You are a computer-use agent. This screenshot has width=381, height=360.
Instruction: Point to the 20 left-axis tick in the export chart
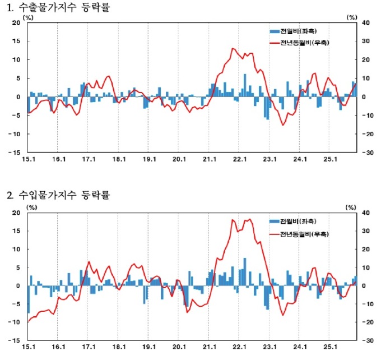click(x=16, y=23)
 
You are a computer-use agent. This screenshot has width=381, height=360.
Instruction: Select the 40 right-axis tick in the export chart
click(x=366, y=23)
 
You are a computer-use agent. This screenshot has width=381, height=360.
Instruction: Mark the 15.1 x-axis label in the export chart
click(x=28, y=159)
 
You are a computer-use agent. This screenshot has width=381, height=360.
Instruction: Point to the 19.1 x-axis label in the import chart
click(x=149, y=348)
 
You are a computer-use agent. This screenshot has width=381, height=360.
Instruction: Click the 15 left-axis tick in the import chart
click(x=16, y=231)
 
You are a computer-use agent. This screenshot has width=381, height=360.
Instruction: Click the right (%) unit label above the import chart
click(x=351, y=207)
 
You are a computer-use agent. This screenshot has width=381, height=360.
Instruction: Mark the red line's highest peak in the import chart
click(x=249, y=219)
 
